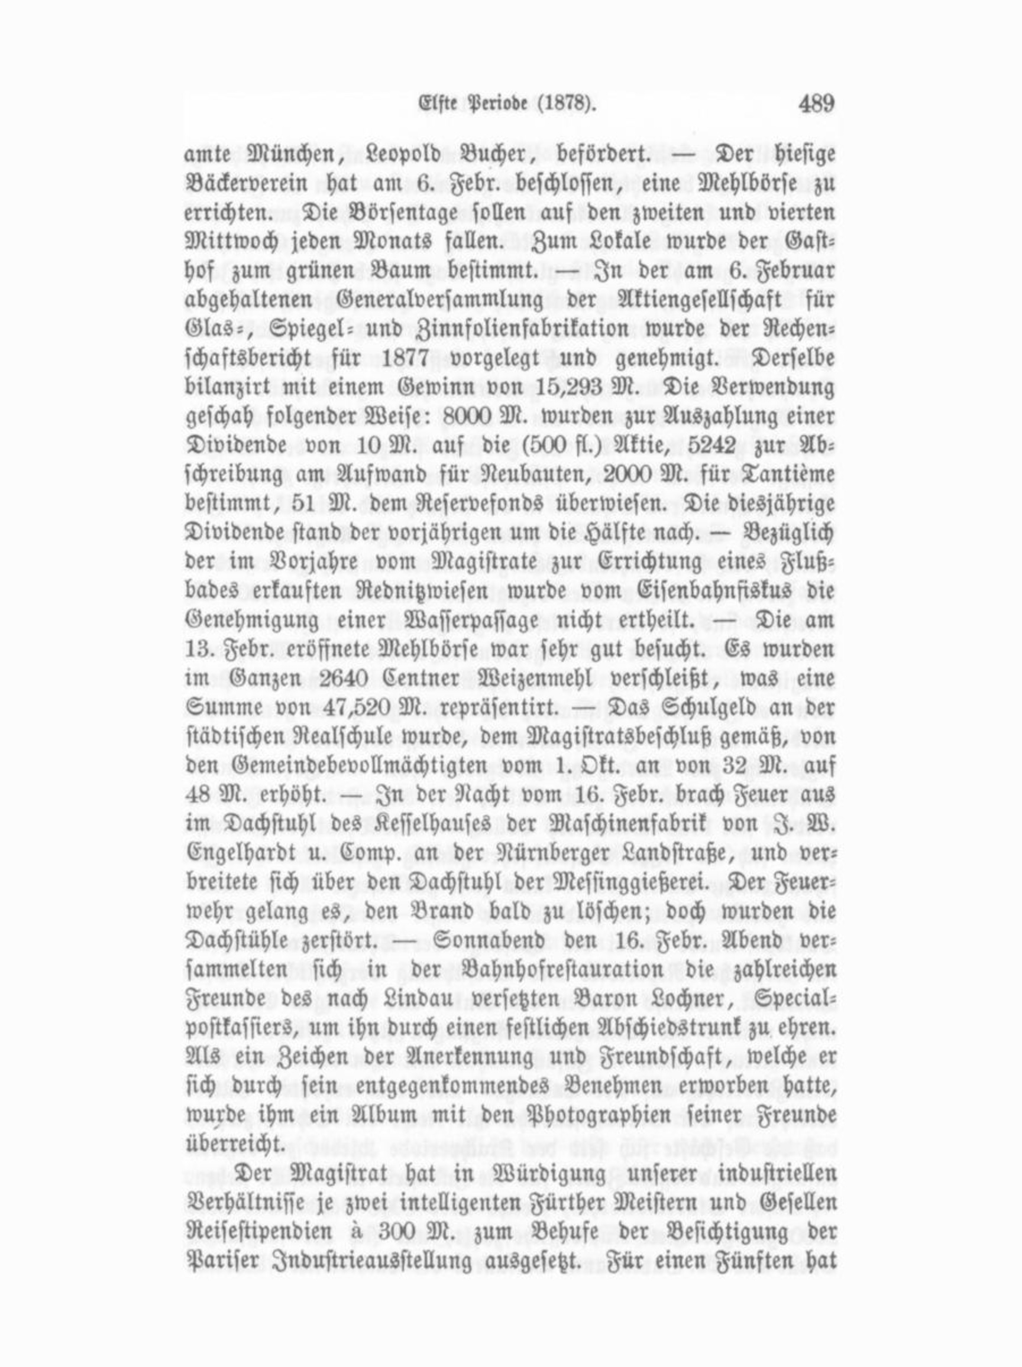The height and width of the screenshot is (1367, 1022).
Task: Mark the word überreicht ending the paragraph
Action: click(x=235, y=1144)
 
